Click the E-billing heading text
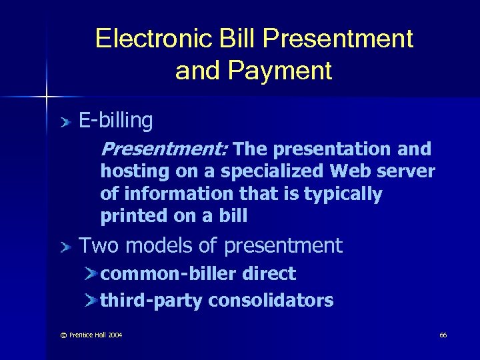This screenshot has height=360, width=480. (116, 121)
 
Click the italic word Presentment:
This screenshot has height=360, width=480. (165, 149)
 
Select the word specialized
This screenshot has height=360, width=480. (273, 172)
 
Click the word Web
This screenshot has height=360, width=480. (353, 171)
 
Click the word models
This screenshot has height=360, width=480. (160, 246)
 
